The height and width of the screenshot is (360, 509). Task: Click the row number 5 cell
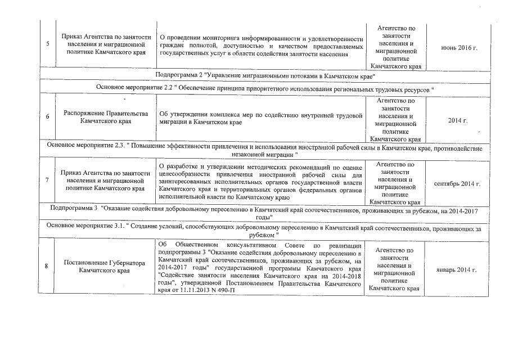pos(48,47)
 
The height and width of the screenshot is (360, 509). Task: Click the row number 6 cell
pos(48,116)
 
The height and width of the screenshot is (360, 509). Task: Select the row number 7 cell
pos(48,181)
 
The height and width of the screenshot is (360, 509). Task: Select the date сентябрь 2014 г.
pos(458,184)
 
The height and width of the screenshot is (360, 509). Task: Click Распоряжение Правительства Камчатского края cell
pos(105,117)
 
